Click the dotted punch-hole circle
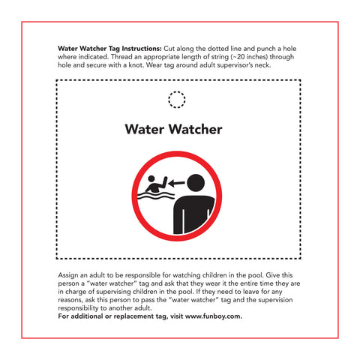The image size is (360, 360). point(176,99)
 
